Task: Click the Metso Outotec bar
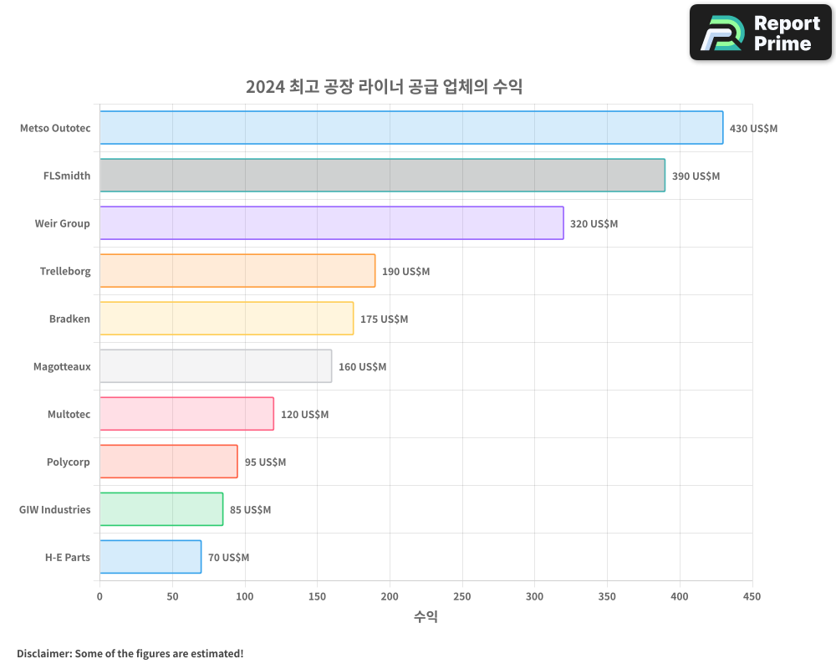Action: click(411, 128)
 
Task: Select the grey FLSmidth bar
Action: click(382, 176)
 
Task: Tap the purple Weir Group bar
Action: click(331, 223)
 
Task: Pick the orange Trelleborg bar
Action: click(237, 271)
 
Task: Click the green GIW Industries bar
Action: click(161, 509)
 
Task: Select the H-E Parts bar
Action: click(150, 557)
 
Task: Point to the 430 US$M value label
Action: click(753, 129)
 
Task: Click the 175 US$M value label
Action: click(384, 319)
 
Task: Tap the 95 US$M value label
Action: click(265, 462)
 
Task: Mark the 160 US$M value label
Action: click(362, 367)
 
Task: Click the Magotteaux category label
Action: click(62, 366)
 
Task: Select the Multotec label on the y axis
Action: click(69, 414)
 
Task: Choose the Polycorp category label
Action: click(69, 462)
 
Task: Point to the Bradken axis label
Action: click(69, 319)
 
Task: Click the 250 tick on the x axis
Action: click(462, 597)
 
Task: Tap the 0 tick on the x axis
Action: click(99, 597)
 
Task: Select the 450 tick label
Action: click(752, 597)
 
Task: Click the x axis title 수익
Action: click(426, 617)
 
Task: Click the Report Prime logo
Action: click(760, 33)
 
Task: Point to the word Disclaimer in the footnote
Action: click(43, 654)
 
